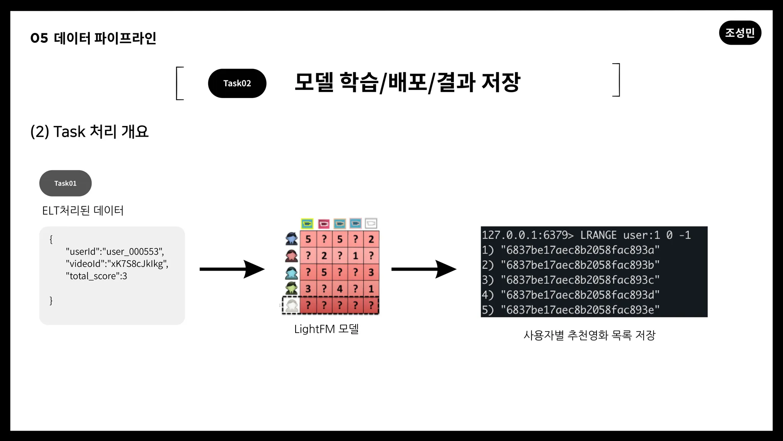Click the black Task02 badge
point(237,83)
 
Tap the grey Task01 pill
point(65,183)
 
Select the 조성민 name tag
point(740,33)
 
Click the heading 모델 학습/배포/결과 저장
point(407,82)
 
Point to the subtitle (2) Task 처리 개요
point(89,132)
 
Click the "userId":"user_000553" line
point(115,252)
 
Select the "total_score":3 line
point(96,276)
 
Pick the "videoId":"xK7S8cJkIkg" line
point(117,264)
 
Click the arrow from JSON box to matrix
point(232,269)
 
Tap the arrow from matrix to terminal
point(424,269)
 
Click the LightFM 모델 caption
point(327,329)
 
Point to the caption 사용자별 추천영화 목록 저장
point(590,335)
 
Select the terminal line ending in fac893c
point(571,280)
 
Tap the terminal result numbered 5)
point(571,310)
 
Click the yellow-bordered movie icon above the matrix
point(307,224)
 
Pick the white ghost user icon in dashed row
point(292,306)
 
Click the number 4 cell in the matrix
point(340,289)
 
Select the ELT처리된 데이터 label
point(83,211)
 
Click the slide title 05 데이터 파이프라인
point(93,38)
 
